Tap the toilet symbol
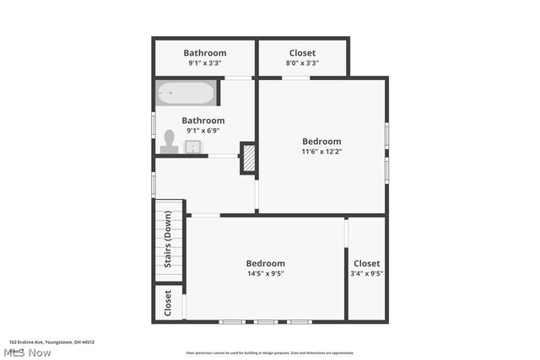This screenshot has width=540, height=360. tap(169, 141)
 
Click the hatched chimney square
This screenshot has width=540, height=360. tap(249, 158)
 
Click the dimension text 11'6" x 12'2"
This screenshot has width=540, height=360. tap(321, 152)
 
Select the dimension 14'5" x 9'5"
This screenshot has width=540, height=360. tap(265, 273)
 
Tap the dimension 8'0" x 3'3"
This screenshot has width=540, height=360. tap(302, 63)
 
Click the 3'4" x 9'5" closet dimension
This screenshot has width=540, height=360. tap(366, 273)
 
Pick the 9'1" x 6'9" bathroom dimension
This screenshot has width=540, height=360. tap(202, 131)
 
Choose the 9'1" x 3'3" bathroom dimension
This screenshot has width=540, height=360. tap(205, 63)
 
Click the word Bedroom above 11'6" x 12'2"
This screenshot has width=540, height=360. tap(321, 141)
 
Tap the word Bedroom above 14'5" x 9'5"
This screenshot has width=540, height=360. tap(265, 263)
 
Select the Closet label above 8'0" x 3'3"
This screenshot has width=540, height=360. tap(302, 53)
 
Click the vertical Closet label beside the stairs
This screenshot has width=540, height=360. tap(168, 303)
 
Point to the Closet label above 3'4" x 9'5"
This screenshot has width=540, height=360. tap(366, 263)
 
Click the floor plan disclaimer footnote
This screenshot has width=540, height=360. tap(270, 353)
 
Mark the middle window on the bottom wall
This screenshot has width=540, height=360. tap(266, 321)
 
